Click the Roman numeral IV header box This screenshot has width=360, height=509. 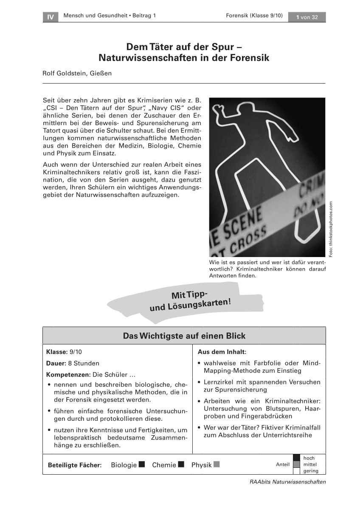tap(51, 17)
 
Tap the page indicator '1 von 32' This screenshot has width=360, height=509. tap(307, 17)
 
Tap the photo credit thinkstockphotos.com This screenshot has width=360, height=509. tap(331, 228)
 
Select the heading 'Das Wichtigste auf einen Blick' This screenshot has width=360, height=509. tap(184, 336)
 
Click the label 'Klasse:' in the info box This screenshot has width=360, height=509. tap(56, 352)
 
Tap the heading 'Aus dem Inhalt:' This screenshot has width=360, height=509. tap(222, 352)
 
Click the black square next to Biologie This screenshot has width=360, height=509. tap(142, 464)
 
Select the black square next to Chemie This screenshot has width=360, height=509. tap(181, 464)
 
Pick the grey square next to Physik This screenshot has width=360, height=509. tap(217, 464)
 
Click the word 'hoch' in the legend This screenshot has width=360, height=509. tap(309, 458)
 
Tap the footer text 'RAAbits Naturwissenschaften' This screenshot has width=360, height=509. tap(287, 481)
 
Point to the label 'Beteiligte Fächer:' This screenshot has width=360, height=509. tap(75, 465)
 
